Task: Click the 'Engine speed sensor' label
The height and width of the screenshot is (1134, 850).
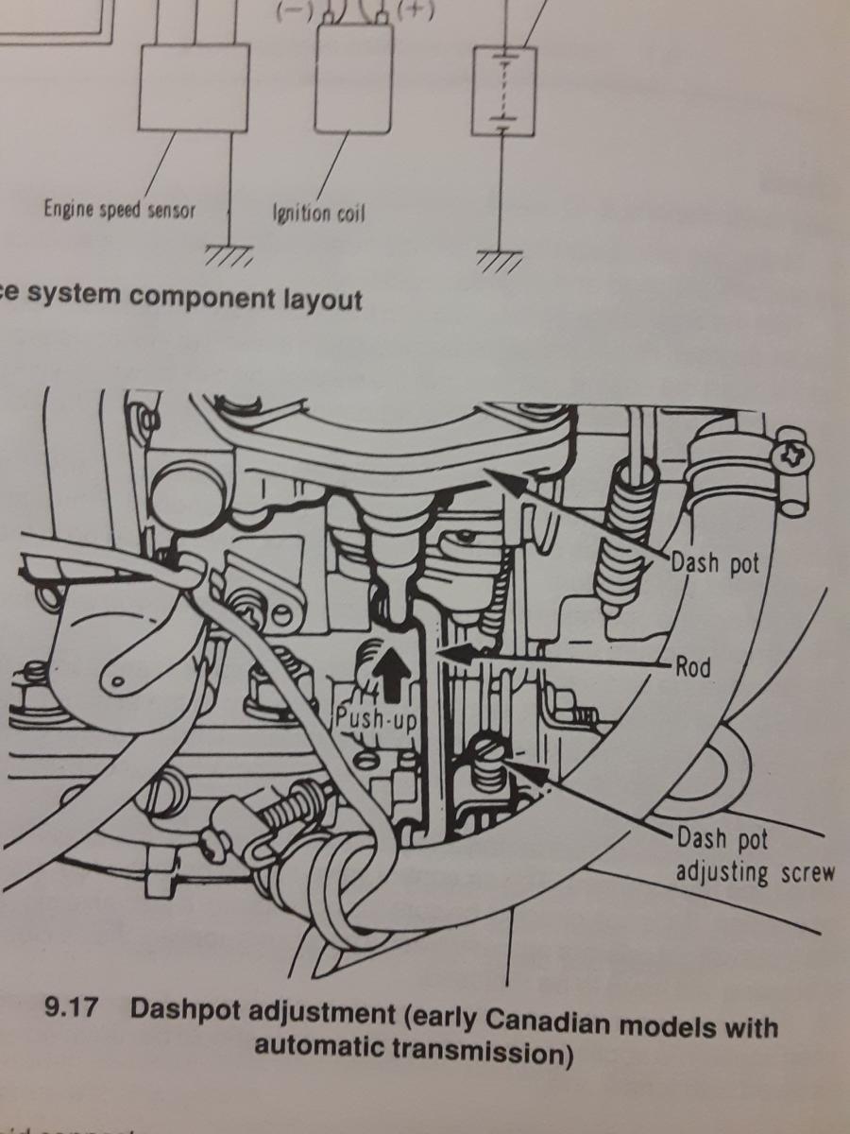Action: (x=119, y=209)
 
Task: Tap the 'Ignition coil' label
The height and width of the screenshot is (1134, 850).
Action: (x=318, y=212)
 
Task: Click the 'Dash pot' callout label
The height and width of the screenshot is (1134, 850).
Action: (x=715, y=564)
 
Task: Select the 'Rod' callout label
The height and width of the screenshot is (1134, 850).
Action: (x=692, y=668)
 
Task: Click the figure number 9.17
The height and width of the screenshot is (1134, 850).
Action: (x=72, y=1008)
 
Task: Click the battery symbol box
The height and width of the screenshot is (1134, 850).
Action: (x=503, y=91)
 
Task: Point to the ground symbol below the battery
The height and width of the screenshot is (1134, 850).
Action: (x=497, y=259)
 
